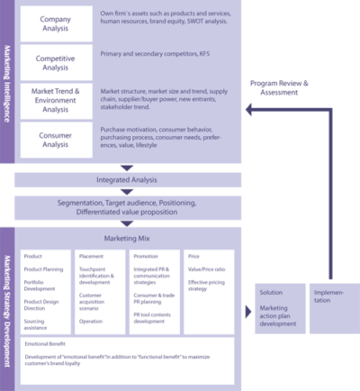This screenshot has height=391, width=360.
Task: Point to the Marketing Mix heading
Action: click(127, 239)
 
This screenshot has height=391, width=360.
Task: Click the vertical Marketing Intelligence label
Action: click(6, 81)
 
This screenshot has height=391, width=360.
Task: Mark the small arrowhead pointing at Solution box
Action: click(247, 309)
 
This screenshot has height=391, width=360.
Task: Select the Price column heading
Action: click(194, 257)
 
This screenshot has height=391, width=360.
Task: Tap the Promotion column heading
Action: click(147, 257)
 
